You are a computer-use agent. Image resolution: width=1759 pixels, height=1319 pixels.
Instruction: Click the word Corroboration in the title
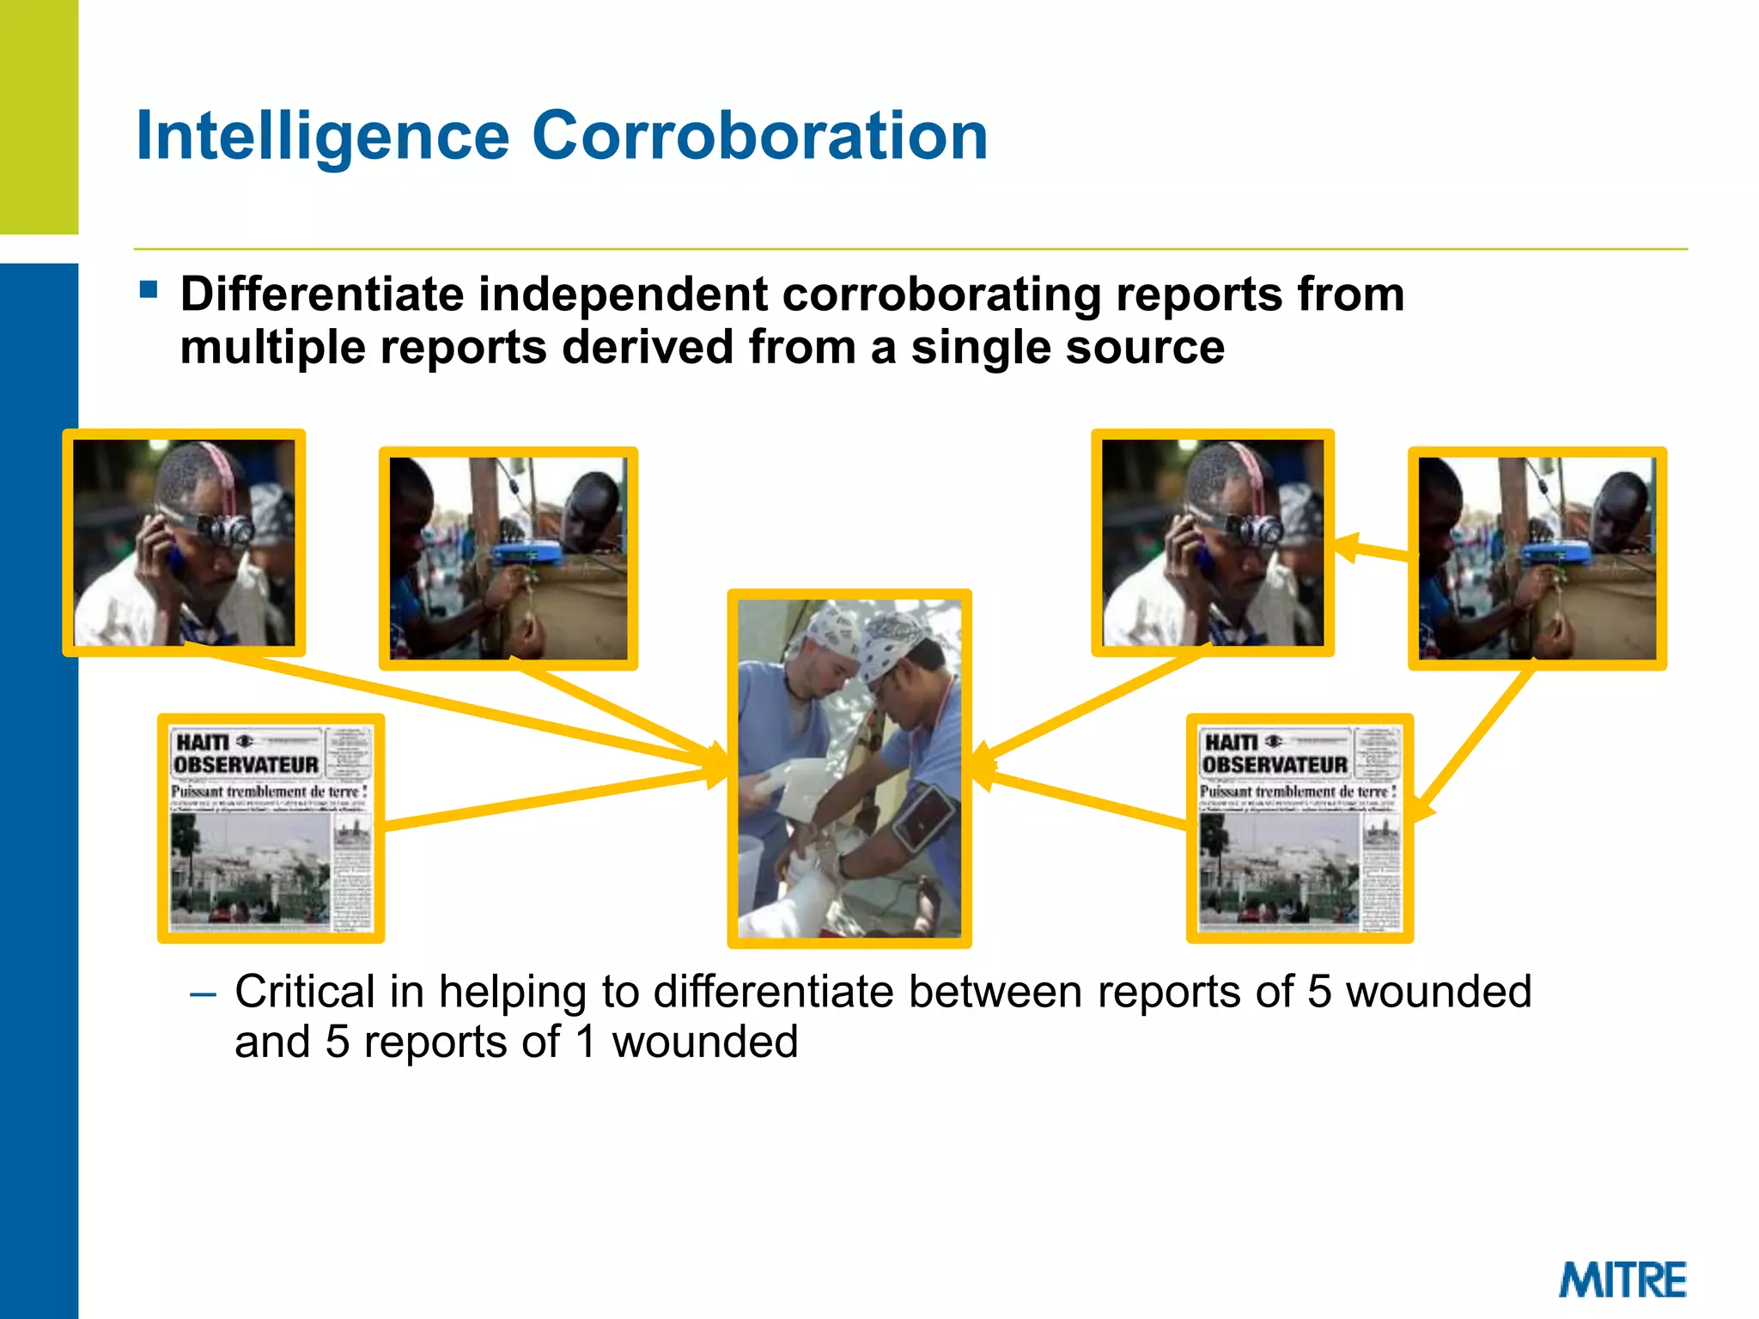[x=759, y=136]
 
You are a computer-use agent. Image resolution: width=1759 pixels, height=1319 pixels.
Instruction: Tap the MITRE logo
[x=1622, y=1279]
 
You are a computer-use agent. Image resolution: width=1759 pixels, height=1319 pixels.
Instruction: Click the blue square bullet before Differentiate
[x=149, y=289]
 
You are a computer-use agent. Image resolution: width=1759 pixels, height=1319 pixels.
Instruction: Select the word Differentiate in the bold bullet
[x=322, y=295]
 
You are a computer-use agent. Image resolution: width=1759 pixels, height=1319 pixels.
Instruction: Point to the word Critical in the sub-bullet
[x=304, y=992]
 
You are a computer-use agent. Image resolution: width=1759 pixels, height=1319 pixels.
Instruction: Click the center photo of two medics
[x=849, y=769]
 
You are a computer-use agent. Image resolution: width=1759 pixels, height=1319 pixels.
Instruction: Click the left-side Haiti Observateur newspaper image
[x=271, y=829]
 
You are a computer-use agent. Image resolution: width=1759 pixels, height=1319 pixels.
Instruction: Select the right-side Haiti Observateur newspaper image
[x=1299, y=829]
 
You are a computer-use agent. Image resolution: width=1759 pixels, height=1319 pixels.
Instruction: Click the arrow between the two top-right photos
[x=1373, y=550]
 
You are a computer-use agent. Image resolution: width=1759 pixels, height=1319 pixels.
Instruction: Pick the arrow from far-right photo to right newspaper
[x=1470, y=744]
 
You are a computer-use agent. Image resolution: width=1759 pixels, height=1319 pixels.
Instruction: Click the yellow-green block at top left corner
[x=39, y=116]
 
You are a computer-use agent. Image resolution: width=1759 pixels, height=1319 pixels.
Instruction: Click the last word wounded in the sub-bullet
[x=704, y=1042]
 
